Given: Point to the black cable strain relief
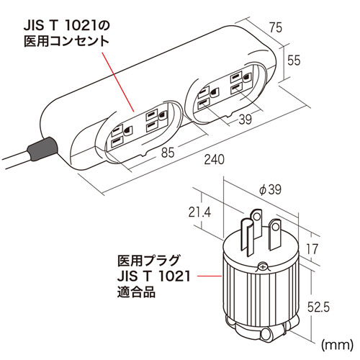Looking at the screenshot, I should click(x=40, y=150).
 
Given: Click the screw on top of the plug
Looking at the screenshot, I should click(x=261, y=266).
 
